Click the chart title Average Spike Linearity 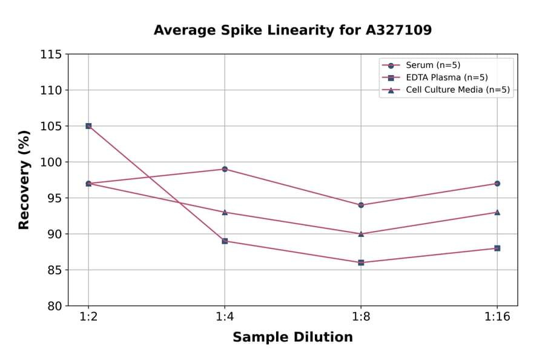(292, 30)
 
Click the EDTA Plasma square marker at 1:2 (88, 126)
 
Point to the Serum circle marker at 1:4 (225, 169)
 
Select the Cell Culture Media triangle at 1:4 (225, 212)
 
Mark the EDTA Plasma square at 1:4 (225, 241)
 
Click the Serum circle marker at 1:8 (361, 205)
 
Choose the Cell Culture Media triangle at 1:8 (361, 233)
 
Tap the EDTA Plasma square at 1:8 (361, 262)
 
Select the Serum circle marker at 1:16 (497, 184)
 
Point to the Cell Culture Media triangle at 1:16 (497, 212)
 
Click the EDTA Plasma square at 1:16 (497, 248)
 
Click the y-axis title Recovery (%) (24, 180)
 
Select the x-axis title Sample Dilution (292, 338)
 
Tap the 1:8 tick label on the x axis (361, 318)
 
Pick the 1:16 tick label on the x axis (497, 318)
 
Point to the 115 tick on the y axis (51, 55)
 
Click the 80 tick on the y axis (54, 306)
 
